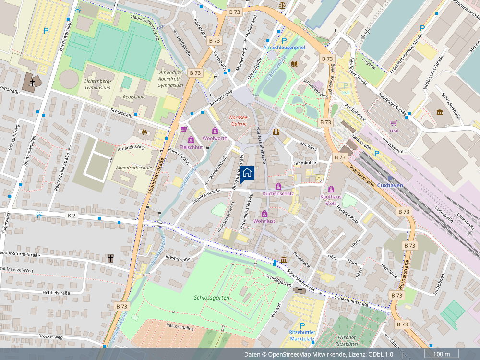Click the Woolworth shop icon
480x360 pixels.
(215, 131)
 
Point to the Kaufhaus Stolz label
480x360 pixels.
(331, 200)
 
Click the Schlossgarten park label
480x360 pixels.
(212, 298)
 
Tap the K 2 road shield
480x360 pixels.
(72, 216)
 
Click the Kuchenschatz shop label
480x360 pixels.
(278, 193)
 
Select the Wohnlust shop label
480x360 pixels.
(264, 221)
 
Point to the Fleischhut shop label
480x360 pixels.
(191, 147)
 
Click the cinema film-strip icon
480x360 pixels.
(276, 131)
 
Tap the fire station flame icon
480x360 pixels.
(144, 131)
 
